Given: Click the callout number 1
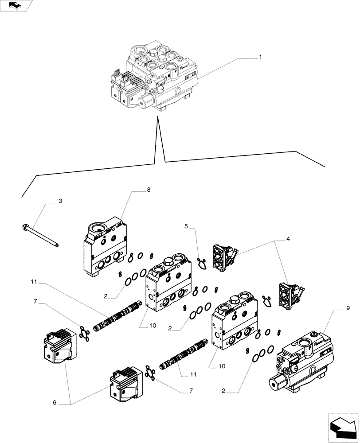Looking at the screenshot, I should (x=260, y=57).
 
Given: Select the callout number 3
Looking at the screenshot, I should (x=60, y=201).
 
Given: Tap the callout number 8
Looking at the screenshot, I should (x=149, y=190).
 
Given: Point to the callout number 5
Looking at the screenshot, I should (x=187, y=226).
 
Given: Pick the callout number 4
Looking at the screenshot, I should (x=288, y=239).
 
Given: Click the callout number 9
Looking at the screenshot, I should (x=348, y=307).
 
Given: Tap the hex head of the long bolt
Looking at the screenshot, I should (x=24, y=228).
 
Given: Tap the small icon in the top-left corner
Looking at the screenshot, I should (x=16, y=5).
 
